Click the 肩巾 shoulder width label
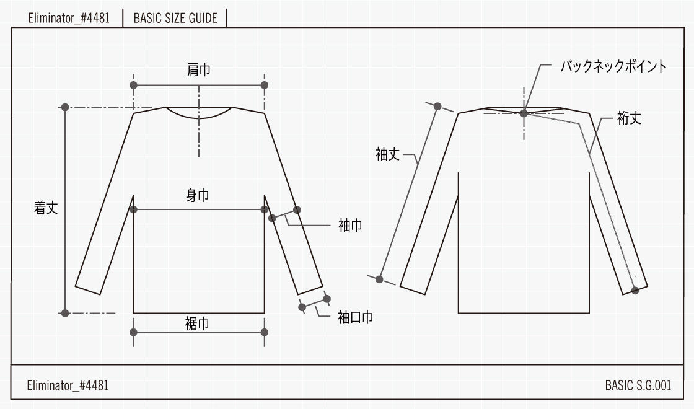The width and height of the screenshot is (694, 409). pyautogui.click(x=198, y=70)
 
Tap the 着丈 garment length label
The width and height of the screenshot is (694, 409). pyautogui.click(x=46, y=208)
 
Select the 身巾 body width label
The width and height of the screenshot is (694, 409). pyautogui.click(x=198, y=196)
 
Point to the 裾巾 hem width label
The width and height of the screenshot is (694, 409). pyautogui.click(x=197, y=323)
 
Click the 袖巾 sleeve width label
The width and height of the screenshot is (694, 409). pyautogui.click(x=350, y=226)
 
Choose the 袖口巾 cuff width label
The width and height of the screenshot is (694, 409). pyautogui.click(x=355, y=318)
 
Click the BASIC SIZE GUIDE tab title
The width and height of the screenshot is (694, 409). pyautogui.click(x=175, y=18)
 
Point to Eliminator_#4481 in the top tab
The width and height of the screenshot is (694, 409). pyautogui.click(x=69, y=18)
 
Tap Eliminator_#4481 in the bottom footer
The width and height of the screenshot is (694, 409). pyautogui.click(x=68, y=385)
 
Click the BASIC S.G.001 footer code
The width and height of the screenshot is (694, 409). pyautogui.click(x=638, y=385)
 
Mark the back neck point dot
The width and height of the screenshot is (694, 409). pyautogui.click(x=524, y=113)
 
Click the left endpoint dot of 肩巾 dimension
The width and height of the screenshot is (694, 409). pyautogui.click(x=133, y=85)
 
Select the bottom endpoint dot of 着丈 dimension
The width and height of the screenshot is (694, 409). pyautogui.click(x=65, y=313)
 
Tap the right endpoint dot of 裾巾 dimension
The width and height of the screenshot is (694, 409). pyautogui.click(x=265, y=332)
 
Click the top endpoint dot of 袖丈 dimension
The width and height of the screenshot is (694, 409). pyautogui.click(x=437, y=106)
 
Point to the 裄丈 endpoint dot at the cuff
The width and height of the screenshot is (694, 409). pyautogui.click(x=635, y=289)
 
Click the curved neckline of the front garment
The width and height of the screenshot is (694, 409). pyautogui.click(x=200, y=117)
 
